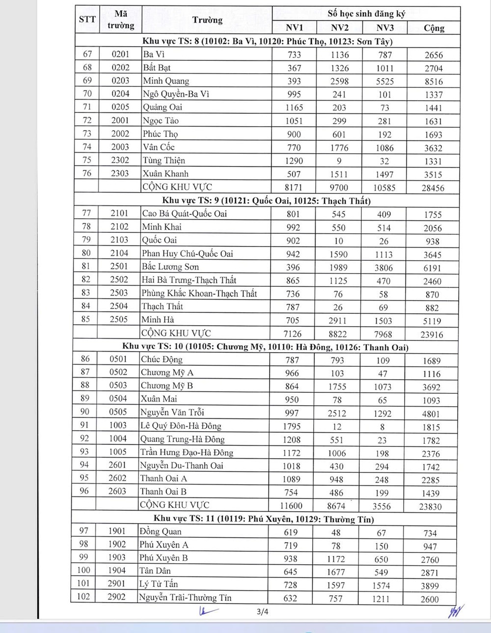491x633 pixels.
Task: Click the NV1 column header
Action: point(294,28)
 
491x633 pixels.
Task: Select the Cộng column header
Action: point(434,28)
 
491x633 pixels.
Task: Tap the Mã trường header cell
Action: point(121,20)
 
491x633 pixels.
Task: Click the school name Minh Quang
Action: point(166,81)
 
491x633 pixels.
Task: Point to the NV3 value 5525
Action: point(385,82)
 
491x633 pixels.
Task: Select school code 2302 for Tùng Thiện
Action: point(120,160)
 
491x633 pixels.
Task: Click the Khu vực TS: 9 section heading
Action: point(267,200)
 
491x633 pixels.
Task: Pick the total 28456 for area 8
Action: point(433,188)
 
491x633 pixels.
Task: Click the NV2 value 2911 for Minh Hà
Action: point(338,321)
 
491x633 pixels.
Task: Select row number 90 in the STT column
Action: point(85,412)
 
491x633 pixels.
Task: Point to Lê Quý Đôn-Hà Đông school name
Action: point(181,426)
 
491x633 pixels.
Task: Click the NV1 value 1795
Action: point(292,426)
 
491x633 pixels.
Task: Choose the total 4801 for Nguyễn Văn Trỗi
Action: point(431,413)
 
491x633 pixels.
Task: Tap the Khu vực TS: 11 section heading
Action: point(264,519)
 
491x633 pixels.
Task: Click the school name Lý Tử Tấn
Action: point(159,584)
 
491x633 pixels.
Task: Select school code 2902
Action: point(117,597)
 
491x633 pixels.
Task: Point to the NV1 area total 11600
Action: point(292,506)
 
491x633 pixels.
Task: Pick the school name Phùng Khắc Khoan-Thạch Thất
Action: point(199,293)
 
